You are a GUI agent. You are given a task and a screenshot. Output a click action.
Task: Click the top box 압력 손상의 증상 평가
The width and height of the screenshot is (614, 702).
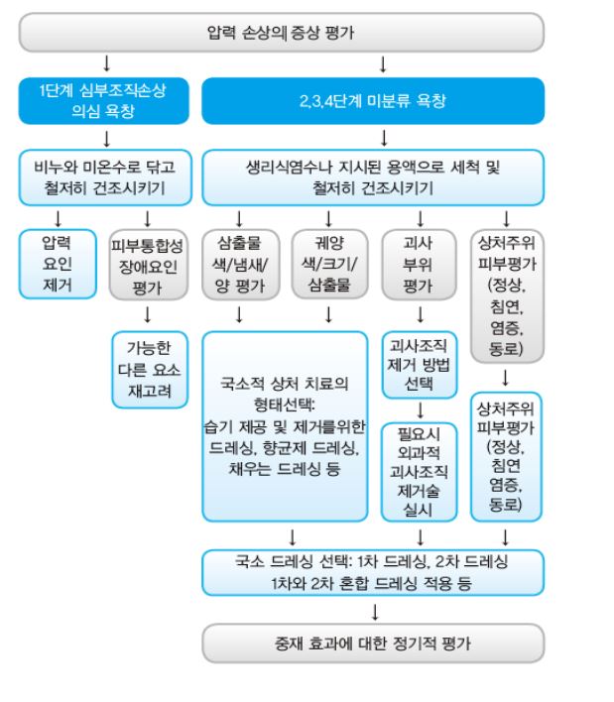[x=282, y=32]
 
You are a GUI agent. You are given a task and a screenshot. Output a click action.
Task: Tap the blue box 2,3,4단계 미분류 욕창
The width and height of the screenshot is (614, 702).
[x=373, y=102]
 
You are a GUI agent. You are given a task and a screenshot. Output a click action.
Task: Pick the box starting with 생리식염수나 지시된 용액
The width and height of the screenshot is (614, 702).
[x=373, y=175]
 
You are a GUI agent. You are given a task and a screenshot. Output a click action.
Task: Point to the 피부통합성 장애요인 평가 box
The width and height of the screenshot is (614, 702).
[x=147, y=265]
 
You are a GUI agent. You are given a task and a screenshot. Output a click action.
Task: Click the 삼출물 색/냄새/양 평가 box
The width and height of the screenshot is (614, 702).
[x=238, y=265]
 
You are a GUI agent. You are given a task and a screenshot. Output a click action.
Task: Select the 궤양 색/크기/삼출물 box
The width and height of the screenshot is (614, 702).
[x=327, y=265]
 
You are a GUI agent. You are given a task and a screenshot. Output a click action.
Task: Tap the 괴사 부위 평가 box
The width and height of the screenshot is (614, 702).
[x=418, y=265]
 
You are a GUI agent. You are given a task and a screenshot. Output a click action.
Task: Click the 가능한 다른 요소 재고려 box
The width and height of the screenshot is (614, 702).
[x=148, y=368]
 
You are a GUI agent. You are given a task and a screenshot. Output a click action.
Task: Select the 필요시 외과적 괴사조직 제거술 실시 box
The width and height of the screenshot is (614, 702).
[x=418, y=471]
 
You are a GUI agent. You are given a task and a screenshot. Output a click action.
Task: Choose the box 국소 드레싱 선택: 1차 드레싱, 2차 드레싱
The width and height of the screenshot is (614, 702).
[x=373, y=571]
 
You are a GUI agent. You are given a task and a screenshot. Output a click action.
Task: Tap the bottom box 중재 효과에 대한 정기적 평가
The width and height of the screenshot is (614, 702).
[x=373, y=643]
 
